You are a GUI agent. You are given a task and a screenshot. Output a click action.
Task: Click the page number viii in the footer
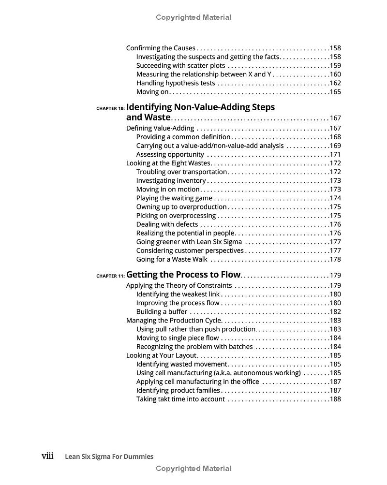tap(47, 456)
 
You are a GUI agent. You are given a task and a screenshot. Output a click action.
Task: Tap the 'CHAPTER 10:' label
tap(110, 108)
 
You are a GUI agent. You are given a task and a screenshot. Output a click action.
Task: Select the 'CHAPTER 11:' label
tap(110, 276)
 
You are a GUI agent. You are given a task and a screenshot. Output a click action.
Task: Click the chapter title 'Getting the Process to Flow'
tap(183, 275)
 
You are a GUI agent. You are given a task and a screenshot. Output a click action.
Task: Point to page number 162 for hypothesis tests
tap(335, 83)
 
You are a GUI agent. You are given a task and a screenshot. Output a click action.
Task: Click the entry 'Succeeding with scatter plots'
tap(180, 65)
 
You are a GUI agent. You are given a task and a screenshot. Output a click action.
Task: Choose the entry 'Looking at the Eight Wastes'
tap(168, 163)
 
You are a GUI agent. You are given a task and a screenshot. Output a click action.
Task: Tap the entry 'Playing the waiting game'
tap(174, 198)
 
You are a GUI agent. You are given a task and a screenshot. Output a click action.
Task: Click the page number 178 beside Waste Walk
tap(335, 259)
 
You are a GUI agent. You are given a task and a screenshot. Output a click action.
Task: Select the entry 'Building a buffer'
tap(162, 311)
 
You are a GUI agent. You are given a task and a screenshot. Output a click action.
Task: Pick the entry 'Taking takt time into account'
tap(180, 399)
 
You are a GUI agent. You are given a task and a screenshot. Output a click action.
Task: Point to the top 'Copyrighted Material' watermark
tap(193, 17)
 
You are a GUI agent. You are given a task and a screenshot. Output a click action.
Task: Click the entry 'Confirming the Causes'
tap(161, 48)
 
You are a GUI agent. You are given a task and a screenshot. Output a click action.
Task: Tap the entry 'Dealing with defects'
tap(167, 224)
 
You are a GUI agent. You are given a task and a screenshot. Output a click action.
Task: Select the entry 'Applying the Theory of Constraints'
tap(179, 285)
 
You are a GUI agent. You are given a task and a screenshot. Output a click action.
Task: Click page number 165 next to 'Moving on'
tap(335, 92)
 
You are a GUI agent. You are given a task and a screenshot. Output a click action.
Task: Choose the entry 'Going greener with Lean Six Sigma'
tap(189, 242)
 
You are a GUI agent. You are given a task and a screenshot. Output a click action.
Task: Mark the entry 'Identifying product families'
tap(178, 390)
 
